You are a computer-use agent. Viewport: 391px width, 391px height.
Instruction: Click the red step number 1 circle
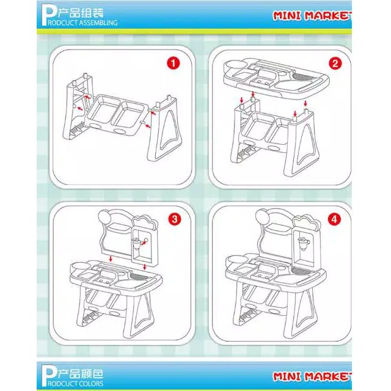point(173,63)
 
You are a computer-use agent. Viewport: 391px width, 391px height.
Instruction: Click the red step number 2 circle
point(335,64)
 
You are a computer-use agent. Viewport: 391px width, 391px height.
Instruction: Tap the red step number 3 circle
point(175,219)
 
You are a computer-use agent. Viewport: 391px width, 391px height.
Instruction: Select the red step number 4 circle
point(334,219)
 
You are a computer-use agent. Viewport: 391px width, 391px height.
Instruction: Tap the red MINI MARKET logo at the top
point(312,16)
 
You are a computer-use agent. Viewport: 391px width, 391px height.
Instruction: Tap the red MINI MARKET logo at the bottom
point(312,376)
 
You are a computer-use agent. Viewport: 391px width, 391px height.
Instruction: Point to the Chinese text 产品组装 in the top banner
point(81,12)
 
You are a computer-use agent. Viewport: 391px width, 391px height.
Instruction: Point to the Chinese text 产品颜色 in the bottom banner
point(81,373)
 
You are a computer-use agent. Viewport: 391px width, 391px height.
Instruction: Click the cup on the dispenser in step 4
point(304,243)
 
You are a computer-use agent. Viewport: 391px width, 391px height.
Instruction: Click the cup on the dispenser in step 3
point(137,243)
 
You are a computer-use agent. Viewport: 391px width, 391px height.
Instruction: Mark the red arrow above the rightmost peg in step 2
point(305,103)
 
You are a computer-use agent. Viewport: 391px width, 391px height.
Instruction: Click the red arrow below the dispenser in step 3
point(145,267)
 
